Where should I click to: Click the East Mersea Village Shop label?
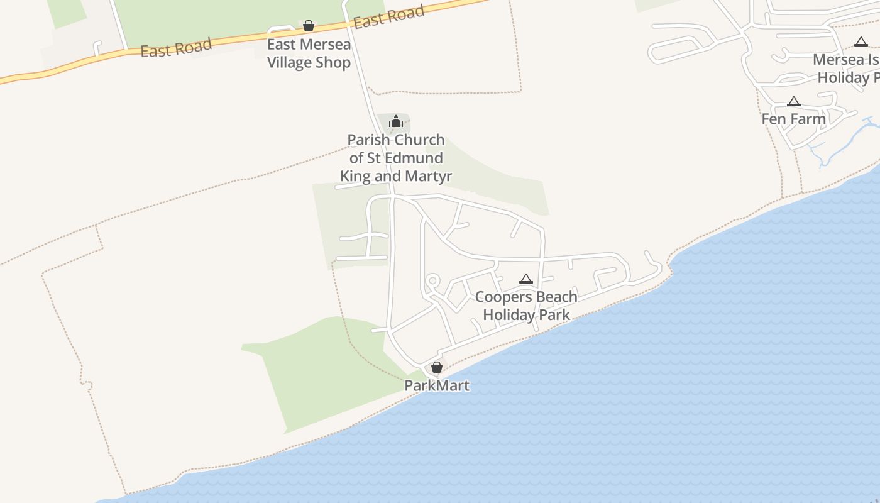(309, 53)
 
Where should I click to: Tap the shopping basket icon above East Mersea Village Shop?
(309, 26)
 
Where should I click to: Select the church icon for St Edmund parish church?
(395, 121)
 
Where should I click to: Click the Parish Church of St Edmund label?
(396, 158)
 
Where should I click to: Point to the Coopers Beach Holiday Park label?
(526, 306)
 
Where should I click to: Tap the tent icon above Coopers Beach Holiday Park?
(526, 279)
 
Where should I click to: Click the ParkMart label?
(437, 385)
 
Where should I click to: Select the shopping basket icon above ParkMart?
(437, 367)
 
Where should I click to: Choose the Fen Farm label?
(794, 119)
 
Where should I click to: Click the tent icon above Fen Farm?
(794, 102)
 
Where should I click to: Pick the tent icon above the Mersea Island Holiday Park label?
(861, 42)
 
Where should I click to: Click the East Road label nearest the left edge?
(176, 48)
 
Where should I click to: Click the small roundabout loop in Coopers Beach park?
(432, 280)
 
